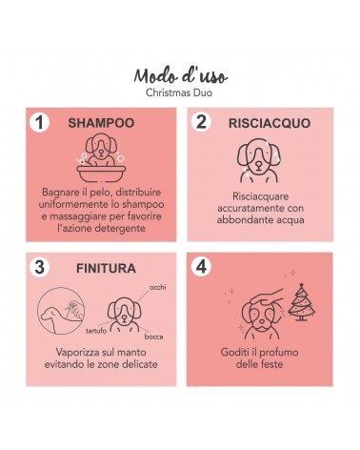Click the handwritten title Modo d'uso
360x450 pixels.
point(181,76)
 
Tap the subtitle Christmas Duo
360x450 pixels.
point(179,92)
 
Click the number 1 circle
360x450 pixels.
point(39,122)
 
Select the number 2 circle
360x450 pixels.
point(201,122)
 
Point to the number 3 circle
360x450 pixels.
point(39,267)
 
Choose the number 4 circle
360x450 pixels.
point(201,266)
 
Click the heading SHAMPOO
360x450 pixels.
point(101,123)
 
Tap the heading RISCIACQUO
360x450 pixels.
point(270,123)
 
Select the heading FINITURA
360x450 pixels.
point(106,269)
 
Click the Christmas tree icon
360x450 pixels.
point(301,301)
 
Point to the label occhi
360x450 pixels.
point(157,287)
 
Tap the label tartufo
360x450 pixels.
point(96,331)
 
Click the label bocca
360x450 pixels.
point(153,337)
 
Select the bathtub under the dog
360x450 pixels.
point(101,174)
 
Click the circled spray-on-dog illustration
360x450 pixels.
point(61,311)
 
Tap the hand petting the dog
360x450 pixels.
point(267,297)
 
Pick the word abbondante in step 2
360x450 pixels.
point(239,220)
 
